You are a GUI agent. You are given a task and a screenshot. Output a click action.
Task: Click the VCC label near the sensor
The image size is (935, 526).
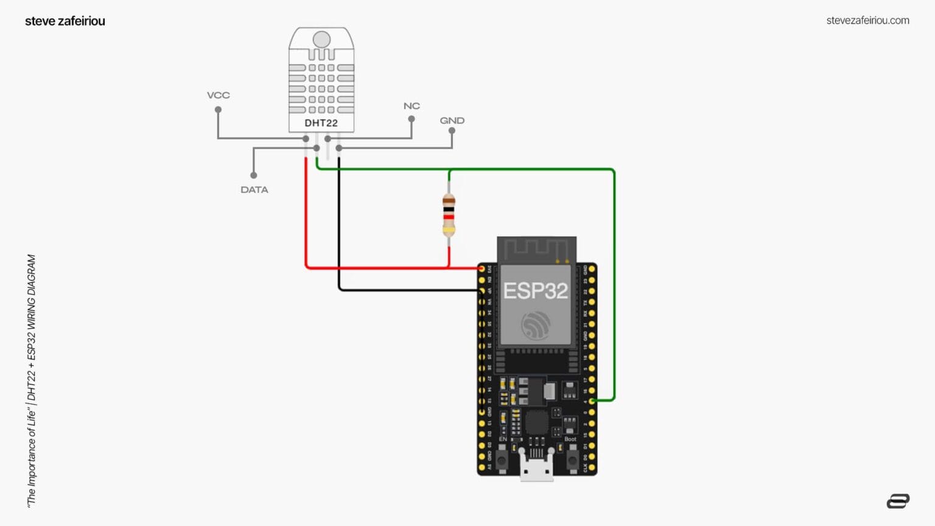tap(218, 95)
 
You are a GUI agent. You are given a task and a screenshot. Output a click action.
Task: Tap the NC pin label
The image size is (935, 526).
tap(411, 106)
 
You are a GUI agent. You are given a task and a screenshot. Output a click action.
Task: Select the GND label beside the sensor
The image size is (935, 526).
tap(452, 121)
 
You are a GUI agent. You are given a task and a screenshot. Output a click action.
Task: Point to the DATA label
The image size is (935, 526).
tap(254, 190)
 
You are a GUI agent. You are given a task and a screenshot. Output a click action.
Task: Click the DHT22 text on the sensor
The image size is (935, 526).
tap(321, 123)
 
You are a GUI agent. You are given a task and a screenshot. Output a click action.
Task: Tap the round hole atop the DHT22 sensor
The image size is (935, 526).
tap(321, 40)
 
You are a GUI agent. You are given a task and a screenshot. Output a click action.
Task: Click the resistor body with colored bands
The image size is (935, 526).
tap(449, 215)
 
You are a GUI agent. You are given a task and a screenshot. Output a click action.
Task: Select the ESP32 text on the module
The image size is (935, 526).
tap(536, 291)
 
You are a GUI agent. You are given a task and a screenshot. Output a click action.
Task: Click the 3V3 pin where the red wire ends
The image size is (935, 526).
tap(482, 268)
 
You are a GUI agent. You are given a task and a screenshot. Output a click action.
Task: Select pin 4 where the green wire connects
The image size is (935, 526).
tap(592, 401)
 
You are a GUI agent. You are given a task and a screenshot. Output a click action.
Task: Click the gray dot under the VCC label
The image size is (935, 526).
tap(218, 110)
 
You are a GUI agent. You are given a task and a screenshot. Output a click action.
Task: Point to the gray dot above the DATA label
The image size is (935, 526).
tap(254, 175)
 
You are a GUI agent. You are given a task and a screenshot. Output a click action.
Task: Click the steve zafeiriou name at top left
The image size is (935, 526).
tap(65, 21)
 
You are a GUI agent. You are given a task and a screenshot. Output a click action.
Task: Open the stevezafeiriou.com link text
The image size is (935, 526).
tap(867, 21)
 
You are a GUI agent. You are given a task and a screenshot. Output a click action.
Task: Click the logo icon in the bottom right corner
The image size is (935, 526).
tap(898, 501)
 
